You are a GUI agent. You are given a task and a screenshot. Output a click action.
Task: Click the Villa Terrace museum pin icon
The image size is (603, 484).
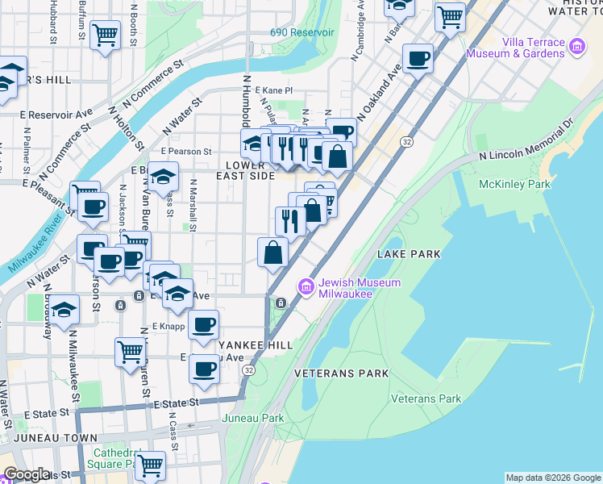click(x=577, y=48)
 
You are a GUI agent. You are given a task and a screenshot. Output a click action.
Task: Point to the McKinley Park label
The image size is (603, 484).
click(x=514, y=185)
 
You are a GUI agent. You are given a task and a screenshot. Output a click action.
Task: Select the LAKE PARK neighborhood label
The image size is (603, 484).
click(x=409, y=254)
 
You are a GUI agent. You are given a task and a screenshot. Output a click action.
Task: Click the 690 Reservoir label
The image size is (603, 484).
click(x=301, y=32)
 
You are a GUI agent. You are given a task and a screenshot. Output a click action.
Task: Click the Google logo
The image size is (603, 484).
click(x=27, y=474)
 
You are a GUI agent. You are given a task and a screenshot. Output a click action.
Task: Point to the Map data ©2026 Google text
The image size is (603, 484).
click(x=553, y=478)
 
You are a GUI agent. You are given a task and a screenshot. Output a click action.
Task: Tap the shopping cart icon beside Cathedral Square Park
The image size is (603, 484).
click(x=150, y=465)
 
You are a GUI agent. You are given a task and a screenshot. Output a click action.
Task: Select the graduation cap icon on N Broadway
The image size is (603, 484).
click(x=64, y=309)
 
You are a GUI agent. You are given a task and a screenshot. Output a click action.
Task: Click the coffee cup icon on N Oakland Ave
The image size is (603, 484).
click(x=418, y=58)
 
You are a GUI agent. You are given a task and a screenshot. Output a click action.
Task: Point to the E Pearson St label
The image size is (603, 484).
click(x=185, y=151)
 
